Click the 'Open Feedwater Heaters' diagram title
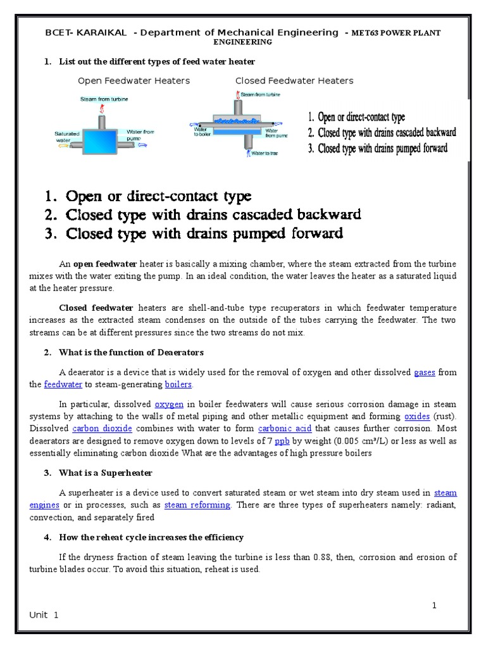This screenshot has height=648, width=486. [134, 81]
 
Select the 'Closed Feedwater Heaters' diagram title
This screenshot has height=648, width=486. [294, 81]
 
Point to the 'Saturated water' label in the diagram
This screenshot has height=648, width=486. [66, 136]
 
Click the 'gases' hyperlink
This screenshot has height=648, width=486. [424, 373]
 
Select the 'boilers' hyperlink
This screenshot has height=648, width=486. [178, 384]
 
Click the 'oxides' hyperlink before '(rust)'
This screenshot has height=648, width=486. [417, 416]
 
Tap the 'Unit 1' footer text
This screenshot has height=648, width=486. [44, 615]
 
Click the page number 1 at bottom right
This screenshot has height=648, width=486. [435, 605]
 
